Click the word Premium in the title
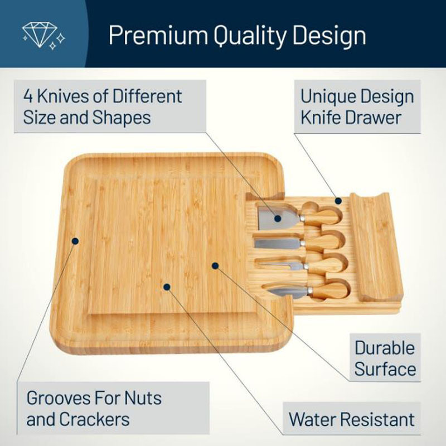click(158, 36)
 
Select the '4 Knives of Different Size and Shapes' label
click(110, 106)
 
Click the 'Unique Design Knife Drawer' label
click(357, 106)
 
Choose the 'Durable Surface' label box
click(385, 357)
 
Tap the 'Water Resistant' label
click(352, 419)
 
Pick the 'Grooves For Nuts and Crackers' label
click(113, 408)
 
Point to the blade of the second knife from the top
click(278, 244)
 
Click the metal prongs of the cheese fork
click(282, 266)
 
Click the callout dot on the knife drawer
click(338, 201)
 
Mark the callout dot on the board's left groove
click(75, 241)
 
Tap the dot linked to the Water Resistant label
click(167, 287)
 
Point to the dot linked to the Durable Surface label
click(215, 266)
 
